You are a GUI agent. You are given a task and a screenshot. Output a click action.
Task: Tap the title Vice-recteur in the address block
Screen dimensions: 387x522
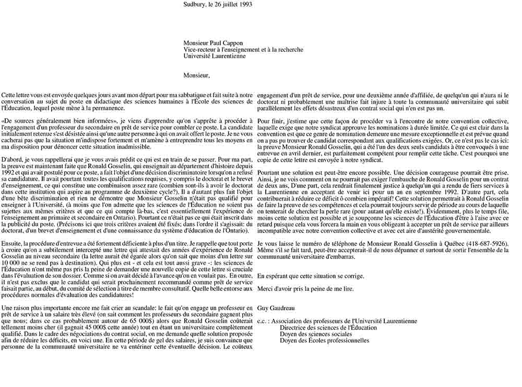[x=200, y=50]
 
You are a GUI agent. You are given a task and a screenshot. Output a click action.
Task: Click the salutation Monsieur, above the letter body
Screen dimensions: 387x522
[x=196, y=75]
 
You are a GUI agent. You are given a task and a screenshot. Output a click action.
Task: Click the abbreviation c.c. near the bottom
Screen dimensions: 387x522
[x=264, y=321]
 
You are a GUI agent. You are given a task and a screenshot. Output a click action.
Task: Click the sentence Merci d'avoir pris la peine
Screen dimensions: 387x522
[x=305, y=289]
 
